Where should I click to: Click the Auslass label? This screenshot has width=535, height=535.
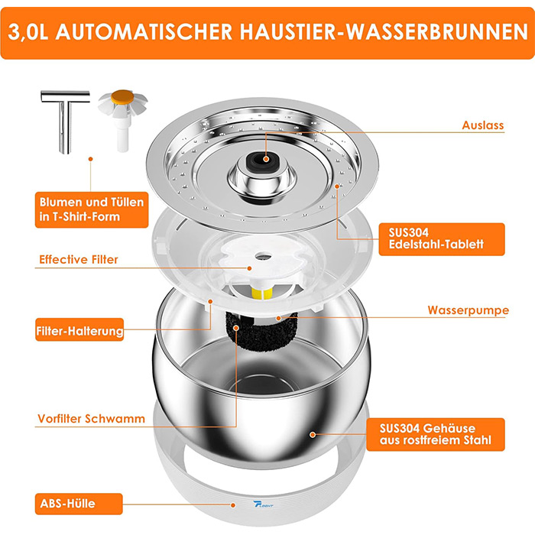pyautogui.click(x=483, y=125)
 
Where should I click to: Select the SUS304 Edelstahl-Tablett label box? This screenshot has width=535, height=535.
pyautogui.click(x=442, y=239)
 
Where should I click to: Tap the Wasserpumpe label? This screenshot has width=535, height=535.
pyautogui.click(x=468, y=310)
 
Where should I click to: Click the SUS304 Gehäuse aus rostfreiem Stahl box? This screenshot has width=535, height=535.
pyautogui.click(x=436, y=434)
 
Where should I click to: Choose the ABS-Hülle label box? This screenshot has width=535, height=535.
pyautogui.click(x=79, y=504)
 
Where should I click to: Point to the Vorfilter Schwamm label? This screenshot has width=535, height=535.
pyautogui.click(x=91, y=419)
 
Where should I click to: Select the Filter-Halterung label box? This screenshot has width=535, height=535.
pyautogui.click(x=79, y=330)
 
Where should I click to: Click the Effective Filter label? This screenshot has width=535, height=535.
pyautogui.click(x=79, y=260)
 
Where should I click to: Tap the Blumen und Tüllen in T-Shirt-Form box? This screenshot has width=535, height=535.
pyautogui.click(x=92, y=209)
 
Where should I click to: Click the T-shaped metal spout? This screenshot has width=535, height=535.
pyautogui.click(x=65, y=119)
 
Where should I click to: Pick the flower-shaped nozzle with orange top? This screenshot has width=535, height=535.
pyautogui.click(x=123, y=119)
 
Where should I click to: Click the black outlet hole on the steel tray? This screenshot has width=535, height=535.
pyautogui.click(x=265, y=160)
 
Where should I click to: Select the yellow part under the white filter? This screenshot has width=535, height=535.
pyautogui.click(x=262, y=293)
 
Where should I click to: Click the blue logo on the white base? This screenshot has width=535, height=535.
pyautogui.click(x=263, y=504)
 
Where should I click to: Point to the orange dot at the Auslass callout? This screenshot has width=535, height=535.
pyautogui.click(x=267, y=159)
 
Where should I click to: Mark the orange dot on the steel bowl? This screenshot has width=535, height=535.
pyautogui.click(x=313, y=434)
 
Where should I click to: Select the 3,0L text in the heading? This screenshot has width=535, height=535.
pyautogui.click(x=28, y=33)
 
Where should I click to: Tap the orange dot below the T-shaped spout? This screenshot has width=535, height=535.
pyautogui.click(x=90, y=159)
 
